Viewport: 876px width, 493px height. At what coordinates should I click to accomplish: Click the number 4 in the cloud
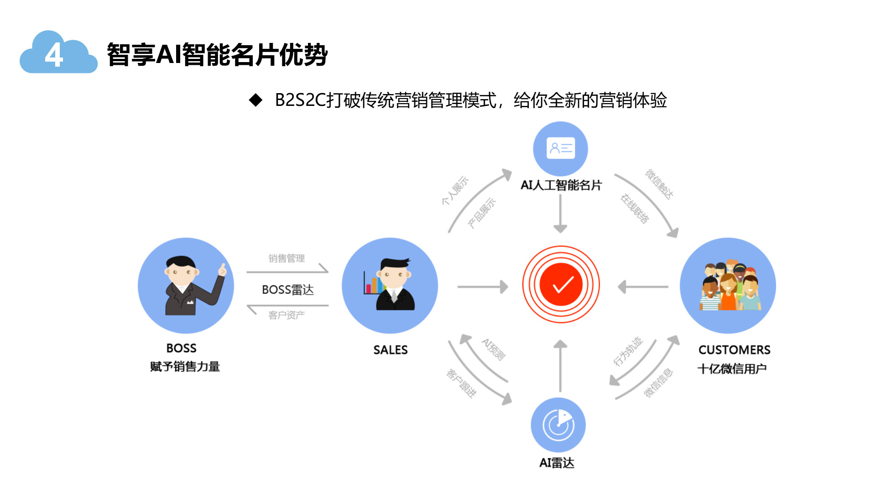tap(54, 56)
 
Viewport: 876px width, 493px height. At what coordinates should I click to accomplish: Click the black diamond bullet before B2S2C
tap(255, 100)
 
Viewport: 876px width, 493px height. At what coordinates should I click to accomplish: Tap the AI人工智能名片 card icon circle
tap(560, 148)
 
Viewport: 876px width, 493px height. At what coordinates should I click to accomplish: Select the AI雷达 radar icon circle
tap(558, 425)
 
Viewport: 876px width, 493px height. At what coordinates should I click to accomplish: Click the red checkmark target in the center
tap(561, 284)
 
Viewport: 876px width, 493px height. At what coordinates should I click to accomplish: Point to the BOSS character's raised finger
tap(223, 268)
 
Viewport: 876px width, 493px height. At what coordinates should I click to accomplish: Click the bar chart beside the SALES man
tap(372, 283)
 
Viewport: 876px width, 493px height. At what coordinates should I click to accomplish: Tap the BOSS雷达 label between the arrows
tap(287, 290)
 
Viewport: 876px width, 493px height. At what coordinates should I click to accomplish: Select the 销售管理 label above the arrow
tap(286, 258)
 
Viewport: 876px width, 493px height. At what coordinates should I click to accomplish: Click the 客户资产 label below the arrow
tap(286, 315)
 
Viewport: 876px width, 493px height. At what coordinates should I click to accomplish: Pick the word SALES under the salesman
tap(390, 350)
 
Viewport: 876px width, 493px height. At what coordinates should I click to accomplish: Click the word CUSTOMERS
tap(734, 350)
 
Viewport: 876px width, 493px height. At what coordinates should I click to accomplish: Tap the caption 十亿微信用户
tap(732, 369)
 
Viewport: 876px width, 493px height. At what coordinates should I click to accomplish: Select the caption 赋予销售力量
tap(185, 367)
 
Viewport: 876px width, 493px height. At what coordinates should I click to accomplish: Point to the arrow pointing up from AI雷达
tap(560, 365)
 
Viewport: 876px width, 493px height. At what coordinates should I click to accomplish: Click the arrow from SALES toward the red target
tap(482, 287)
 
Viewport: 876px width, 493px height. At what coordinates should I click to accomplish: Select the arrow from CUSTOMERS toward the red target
tap(643, 287)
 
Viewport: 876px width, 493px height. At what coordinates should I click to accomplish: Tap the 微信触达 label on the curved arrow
tap(659, 184)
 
